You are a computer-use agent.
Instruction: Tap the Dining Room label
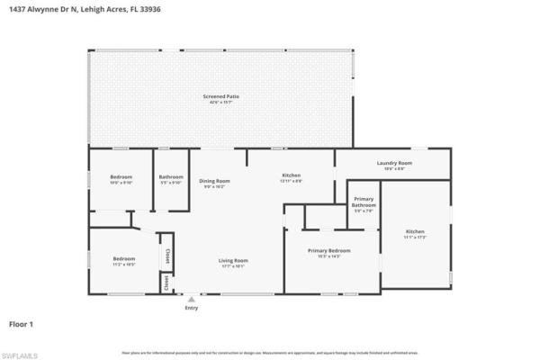point(214,181)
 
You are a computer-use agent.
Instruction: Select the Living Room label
point(233,261)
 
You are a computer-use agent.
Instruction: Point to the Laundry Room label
point(394,163)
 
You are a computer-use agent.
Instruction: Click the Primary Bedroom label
point(328,250)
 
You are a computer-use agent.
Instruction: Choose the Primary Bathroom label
point(364,205)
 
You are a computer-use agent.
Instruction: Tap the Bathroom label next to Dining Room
point(171,176)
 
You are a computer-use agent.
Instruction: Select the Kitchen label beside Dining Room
point(291,175)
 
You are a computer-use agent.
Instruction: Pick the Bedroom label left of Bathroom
point(121,176)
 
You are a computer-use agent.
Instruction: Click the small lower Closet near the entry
point(166,283)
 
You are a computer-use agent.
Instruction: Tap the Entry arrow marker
point(191,298)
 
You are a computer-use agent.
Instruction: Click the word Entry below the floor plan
point(191,308)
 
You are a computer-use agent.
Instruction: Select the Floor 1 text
point(22,322)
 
